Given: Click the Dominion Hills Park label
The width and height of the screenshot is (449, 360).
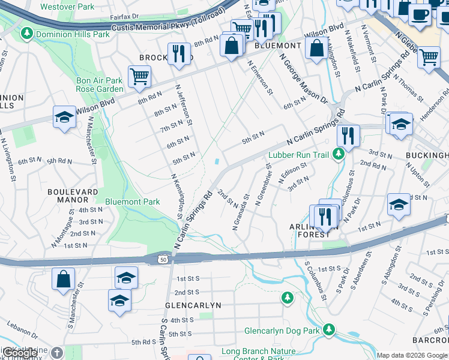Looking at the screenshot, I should point(73,35).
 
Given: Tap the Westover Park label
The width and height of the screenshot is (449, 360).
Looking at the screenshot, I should point(67,7).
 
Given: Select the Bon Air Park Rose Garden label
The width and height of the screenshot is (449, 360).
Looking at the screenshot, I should point(99,85).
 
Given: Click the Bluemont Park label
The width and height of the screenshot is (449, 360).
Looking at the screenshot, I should point(133,202).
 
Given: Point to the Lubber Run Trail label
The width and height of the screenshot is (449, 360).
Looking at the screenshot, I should point(299,155).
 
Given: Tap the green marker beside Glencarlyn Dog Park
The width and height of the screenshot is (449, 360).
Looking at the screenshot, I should point(329,329).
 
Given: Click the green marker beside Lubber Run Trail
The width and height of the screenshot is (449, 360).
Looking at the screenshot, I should point(339,155).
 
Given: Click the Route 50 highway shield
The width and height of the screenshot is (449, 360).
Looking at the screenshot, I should point(162,259).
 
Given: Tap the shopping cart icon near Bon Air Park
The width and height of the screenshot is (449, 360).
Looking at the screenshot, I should point(139,76).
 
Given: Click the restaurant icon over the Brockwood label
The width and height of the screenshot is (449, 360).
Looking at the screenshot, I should point(178,53).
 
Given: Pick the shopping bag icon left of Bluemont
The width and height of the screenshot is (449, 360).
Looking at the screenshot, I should point(231,45).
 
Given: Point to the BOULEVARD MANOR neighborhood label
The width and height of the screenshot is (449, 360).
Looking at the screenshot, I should point(73,196).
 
